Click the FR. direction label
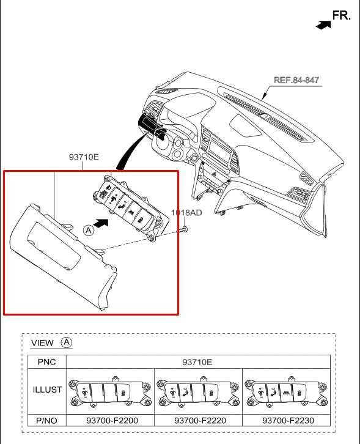(x=341, y=15)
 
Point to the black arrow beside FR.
(x=323, y=24)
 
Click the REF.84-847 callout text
(x=296, y=80)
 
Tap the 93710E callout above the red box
(x=84, y=157)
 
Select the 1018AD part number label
(x=185, y=213)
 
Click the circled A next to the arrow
(x=89, y=230)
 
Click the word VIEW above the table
(x=42, y=343)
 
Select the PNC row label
(x=46, y=362)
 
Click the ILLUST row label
(x=46, y=390)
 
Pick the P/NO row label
(x=46, y=421)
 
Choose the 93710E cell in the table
(x=197, y=362)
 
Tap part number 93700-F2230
(x=285, y=421)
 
